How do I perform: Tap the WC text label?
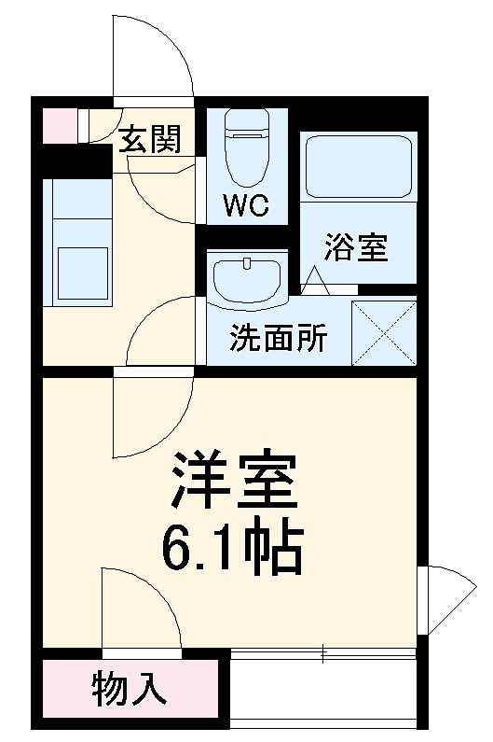[246, 204]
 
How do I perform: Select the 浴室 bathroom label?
[356, 248]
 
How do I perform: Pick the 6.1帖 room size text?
[232, 551]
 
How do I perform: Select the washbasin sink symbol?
[247, 278]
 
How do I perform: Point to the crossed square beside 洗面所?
[384, 332]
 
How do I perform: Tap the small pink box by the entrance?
[59, 126]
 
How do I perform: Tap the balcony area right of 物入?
[322, 692]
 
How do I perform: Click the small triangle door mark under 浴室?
[313, 279]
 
